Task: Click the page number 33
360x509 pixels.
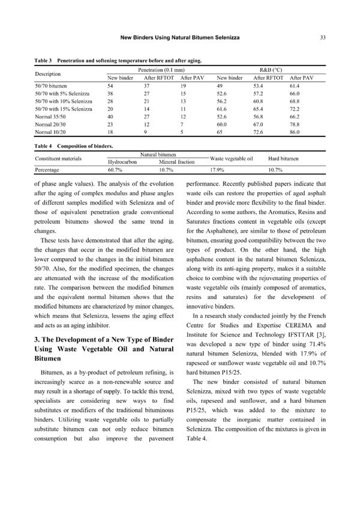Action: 323,37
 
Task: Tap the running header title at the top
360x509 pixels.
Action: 180,37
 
